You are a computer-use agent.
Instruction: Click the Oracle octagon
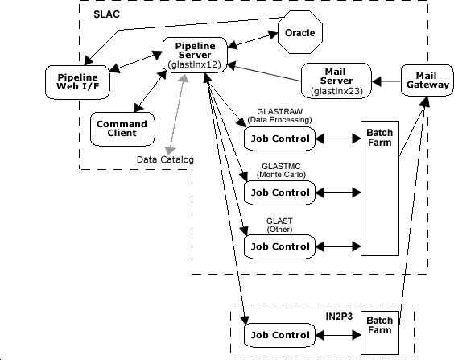[x=300, y=32]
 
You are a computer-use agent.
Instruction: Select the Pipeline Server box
[x=195, y=55]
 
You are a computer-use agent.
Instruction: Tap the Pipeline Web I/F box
[x=77, y=82]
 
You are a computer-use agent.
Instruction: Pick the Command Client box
[x=122, y=129]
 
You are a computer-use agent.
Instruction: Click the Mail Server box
[x=336, y=81]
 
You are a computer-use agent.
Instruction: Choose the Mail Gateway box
[x=427, y=81]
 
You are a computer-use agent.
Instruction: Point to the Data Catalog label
[x=165, y=159]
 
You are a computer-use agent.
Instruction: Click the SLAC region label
[x=106, y=14]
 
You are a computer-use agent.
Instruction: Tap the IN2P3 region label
[x=339, y=317]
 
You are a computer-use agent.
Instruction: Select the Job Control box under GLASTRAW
[x=279, y=139]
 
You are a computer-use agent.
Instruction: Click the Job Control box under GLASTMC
[x=279, y=193]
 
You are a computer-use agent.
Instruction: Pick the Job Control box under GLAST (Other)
[x=279, y=246]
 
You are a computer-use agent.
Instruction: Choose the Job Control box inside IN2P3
[x=279, y=335]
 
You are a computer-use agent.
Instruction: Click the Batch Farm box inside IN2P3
[x=380, y=333]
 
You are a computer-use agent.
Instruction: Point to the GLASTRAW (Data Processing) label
[x=279, y=115]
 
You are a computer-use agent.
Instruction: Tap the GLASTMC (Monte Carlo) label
[x=281, y=170]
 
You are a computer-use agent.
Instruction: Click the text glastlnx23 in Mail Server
[x=336, y=91]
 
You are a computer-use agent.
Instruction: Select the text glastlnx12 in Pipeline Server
[x=194, y=64]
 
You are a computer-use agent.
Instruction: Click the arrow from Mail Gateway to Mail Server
[x=386, y=81]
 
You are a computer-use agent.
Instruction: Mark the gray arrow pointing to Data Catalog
[x=176, y=114]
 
